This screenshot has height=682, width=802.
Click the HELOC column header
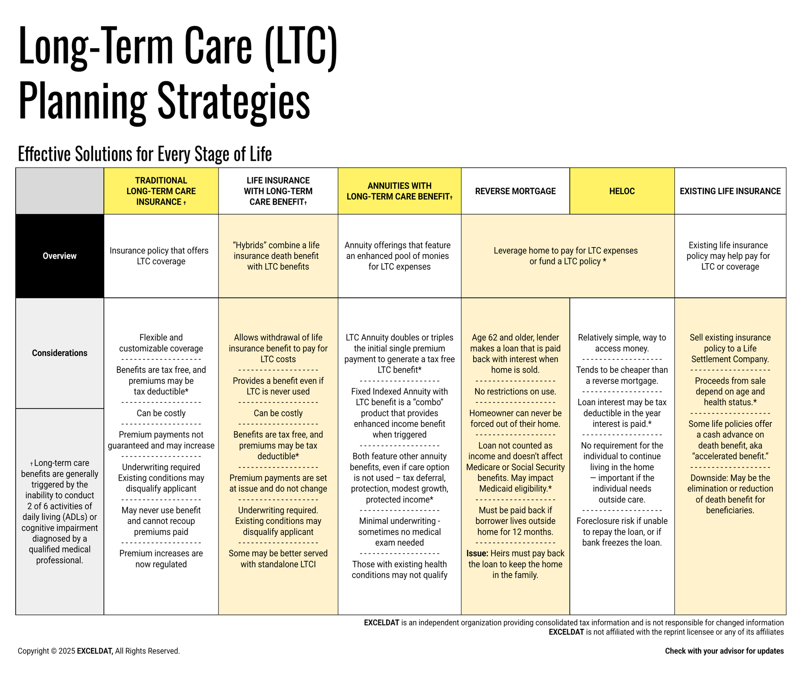(x=622, y=191)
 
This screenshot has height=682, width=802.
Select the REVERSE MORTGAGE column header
(x=515, y=191)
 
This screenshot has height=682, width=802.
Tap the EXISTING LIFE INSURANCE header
(x=730, y=191)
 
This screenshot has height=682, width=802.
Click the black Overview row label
(x=59, y=256)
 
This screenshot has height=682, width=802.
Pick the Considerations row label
(x=59, y=353)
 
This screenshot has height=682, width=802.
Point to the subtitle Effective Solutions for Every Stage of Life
(x=145, y=154)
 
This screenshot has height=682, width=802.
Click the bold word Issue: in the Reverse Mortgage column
(x=477, y=553)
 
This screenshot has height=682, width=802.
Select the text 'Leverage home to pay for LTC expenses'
(x=565, y=251)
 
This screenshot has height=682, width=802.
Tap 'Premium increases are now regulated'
(x=161, y=559)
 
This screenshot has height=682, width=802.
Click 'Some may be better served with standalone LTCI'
(x=278, y=559)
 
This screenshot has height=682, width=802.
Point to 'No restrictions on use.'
(x=515, y=392)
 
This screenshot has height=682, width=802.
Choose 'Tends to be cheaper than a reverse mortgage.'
(x=622, y=376)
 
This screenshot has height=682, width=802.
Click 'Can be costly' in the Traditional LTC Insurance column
(x=161, y=413)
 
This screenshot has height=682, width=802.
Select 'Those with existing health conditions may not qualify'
(x=399, y=570)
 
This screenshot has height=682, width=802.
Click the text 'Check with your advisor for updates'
(x=724, y=651)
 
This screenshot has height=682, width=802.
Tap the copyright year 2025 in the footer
(x=67, y=651)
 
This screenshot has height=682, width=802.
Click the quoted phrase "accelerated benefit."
(x=729, y=456)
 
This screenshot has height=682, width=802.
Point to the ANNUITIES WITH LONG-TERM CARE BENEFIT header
(x=399, y=191)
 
